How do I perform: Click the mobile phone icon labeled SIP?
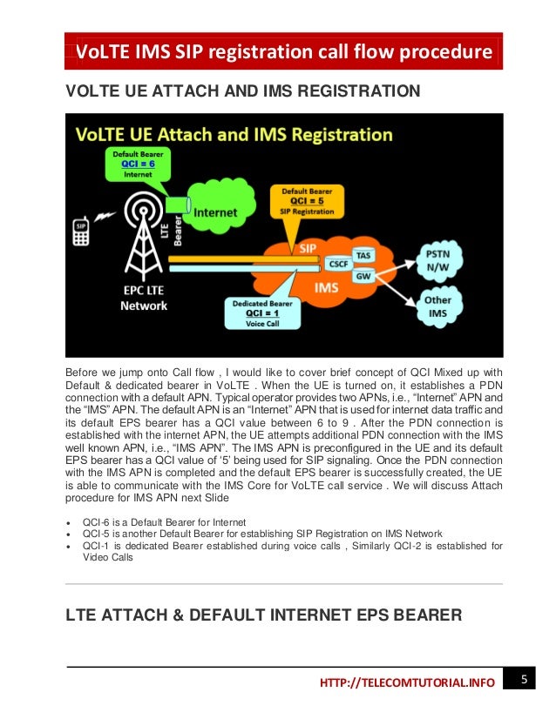pos(80,231)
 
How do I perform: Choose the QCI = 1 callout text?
pos(263,312)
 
